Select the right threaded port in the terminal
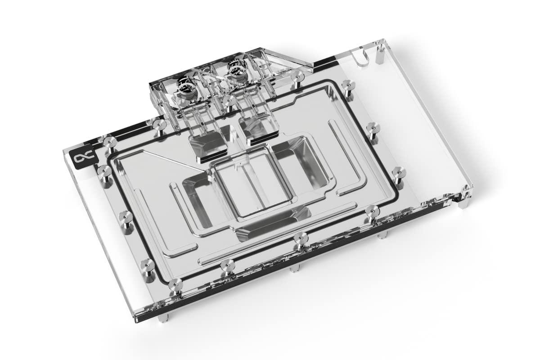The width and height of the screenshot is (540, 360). click(x=235, y=70)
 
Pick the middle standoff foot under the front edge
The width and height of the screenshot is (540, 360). click(x=295, y=269)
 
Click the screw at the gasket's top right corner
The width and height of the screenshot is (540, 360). click(x=347, y=85)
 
